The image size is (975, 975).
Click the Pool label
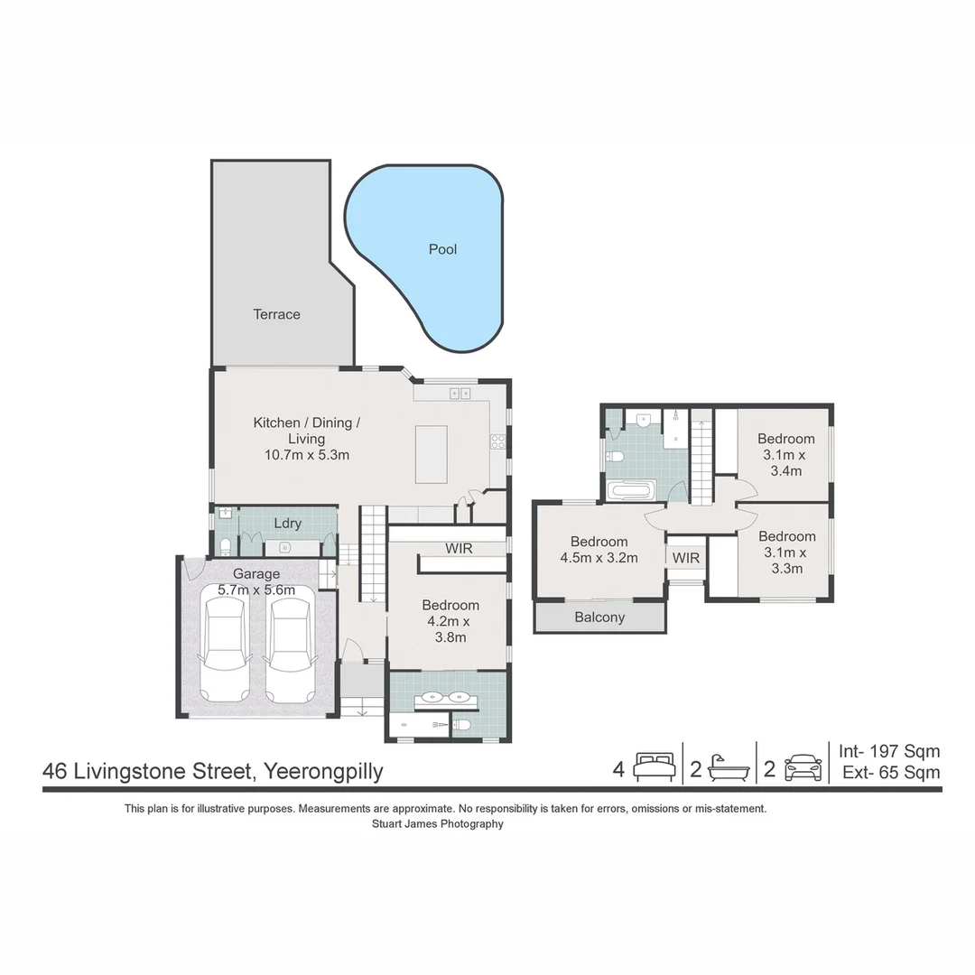[442, 249]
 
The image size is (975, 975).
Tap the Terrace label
[277, 314]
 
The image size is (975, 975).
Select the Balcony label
[599, 617]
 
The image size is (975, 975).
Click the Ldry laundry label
[288, 524]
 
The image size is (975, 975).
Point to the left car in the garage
[225, 650]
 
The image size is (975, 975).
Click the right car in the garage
[290, 650]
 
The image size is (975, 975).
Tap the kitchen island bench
[431, 454]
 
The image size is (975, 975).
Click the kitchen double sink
[460, 393]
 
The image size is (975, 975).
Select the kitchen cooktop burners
[498, 441]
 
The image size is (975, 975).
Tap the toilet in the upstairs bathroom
[615, 457]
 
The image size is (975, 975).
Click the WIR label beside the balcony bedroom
[686, 559]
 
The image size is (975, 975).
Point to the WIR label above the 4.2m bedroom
[459, 549]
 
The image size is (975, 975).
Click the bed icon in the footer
[655, 767]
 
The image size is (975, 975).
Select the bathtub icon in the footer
[729, 768]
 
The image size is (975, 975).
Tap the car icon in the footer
[803, 768]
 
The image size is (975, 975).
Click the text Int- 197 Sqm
[889, 751]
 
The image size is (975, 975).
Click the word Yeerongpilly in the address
[323, 772]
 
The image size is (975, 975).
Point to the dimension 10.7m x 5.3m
[307, 454]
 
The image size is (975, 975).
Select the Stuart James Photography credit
[438, 824]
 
